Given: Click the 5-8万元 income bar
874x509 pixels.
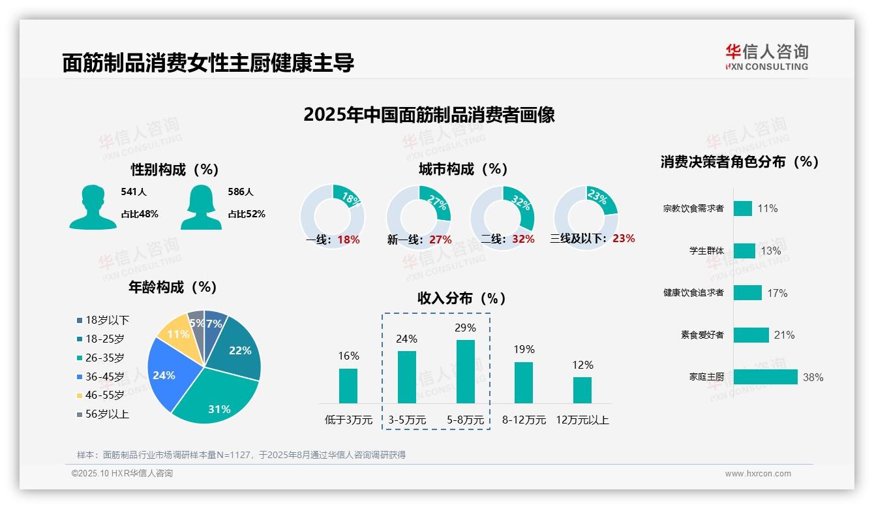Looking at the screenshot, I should tap(466, 371).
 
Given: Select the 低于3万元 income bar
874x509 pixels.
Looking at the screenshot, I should tap(348, 386).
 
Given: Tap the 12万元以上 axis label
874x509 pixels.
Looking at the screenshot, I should tap(582, 420).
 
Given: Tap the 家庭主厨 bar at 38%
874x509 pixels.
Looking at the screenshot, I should tap(765, 377).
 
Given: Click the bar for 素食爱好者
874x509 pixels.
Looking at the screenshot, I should tap(751, 335).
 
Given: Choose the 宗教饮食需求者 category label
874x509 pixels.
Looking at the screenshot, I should tap(693, 209).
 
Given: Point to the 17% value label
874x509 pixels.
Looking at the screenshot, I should tap(777, 293).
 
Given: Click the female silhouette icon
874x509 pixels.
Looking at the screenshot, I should tap(201, 208).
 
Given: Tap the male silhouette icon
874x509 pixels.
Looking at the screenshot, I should tap(93, 208).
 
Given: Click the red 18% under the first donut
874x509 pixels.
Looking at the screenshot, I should tap(348, 239).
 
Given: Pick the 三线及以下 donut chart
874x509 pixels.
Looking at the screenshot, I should tap(585, 209).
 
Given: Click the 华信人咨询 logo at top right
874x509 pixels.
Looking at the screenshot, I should tap(766, 57).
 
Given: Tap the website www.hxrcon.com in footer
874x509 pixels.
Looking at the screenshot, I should tap(758, 474).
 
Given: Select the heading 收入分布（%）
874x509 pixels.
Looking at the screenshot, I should tap(462, 299).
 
